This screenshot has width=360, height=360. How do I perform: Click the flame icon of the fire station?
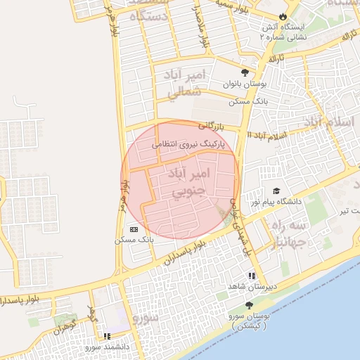click(x=283, y=15)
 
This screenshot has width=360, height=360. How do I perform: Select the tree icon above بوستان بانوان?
click(x=245, y=72)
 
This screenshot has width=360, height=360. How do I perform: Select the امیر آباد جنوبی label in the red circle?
click(x=189, y=181)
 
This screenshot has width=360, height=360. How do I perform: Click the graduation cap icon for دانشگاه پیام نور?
click(x=276, y=191)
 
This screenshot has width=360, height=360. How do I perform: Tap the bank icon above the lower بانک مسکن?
click(x=134, y=229)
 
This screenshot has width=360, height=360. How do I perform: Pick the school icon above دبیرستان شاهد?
click(x=250, y=276)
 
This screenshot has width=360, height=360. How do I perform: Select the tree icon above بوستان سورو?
click(x=249, y=305)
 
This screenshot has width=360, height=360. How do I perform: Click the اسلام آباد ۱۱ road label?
click(x=266, y=135)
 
